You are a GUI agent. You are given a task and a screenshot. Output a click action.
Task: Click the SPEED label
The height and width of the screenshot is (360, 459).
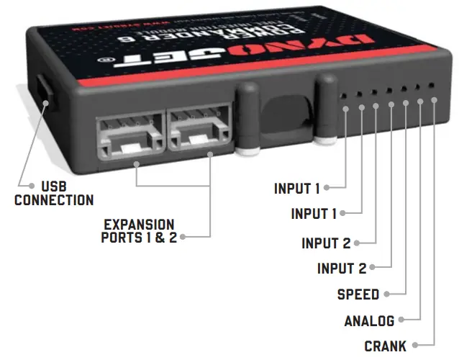358,294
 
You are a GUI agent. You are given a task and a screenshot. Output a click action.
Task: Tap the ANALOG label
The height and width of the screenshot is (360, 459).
370,321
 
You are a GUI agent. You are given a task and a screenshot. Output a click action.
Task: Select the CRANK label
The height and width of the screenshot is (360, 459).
385,346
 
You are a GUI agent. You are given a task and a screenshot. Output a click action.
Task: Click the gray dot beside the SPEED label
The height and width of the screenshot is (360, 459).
386,294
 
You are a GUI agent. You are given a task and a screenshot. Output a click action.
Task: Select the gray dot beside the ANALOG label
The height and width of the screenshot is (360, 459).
401,321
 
